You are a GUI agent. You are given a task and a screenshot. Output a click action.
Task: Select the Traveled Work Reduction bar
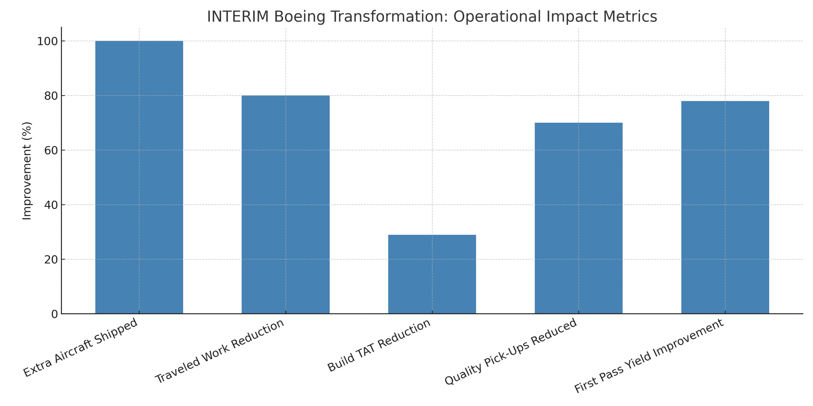[x=286, y=204]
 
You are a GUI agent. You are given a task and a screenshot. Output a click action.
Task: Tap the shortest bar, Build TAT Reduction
[x=432, y=274]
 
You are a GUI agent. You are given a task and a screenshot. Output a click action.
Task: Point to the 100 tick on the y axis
[x=47, y=41]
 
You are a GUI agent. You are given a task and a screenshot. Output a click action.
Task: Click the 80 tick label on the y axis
[x=51, y=96]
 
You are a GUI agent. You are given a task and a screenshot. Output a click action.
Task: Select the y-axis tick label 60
[x=51, y=150]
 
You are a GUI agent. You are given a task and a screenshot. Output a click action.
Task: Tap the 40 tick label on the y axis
[x=51, y=205]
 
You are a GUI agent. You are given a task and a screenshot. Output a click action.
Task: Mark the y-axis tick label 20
[x=51, y=259]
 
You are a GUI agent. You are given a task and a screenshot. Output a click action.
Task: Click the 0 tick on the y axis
[x=54, y=314]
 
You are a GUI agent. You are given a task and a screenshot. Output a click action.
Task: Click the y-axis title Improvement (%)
[x=27, y=171]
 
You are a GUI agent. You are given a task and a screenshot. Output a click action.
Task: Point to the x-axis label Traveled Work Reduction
[x=219, y=351]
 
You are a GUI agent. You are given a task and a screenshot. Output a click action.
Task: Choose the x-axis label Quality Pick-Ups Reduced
[x=510, y=351]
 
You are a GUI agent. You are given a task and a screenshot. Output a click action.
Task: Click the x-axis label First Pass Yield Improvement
[x=649, y=356]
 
